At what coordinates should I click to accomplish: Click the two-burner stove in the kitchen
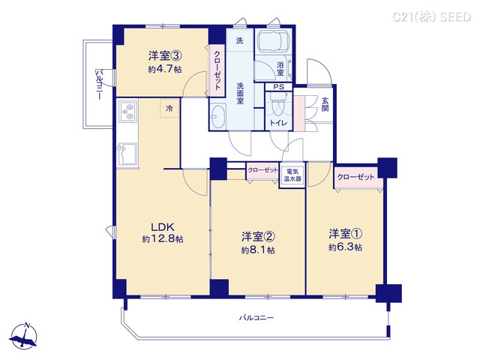(x=127, y=113)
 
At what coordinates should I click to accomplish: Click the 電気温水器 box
(x=292, y=177)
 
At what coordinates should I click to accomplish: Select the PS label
(x=278, y=87)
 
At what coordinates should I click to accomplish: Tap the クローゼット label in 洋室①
(x=356, y=176)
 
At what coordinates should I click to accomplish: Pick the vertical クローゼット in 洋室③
(x=217, y=70)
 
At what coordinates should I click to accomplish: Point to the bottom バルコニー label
(x=257, y=318)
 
